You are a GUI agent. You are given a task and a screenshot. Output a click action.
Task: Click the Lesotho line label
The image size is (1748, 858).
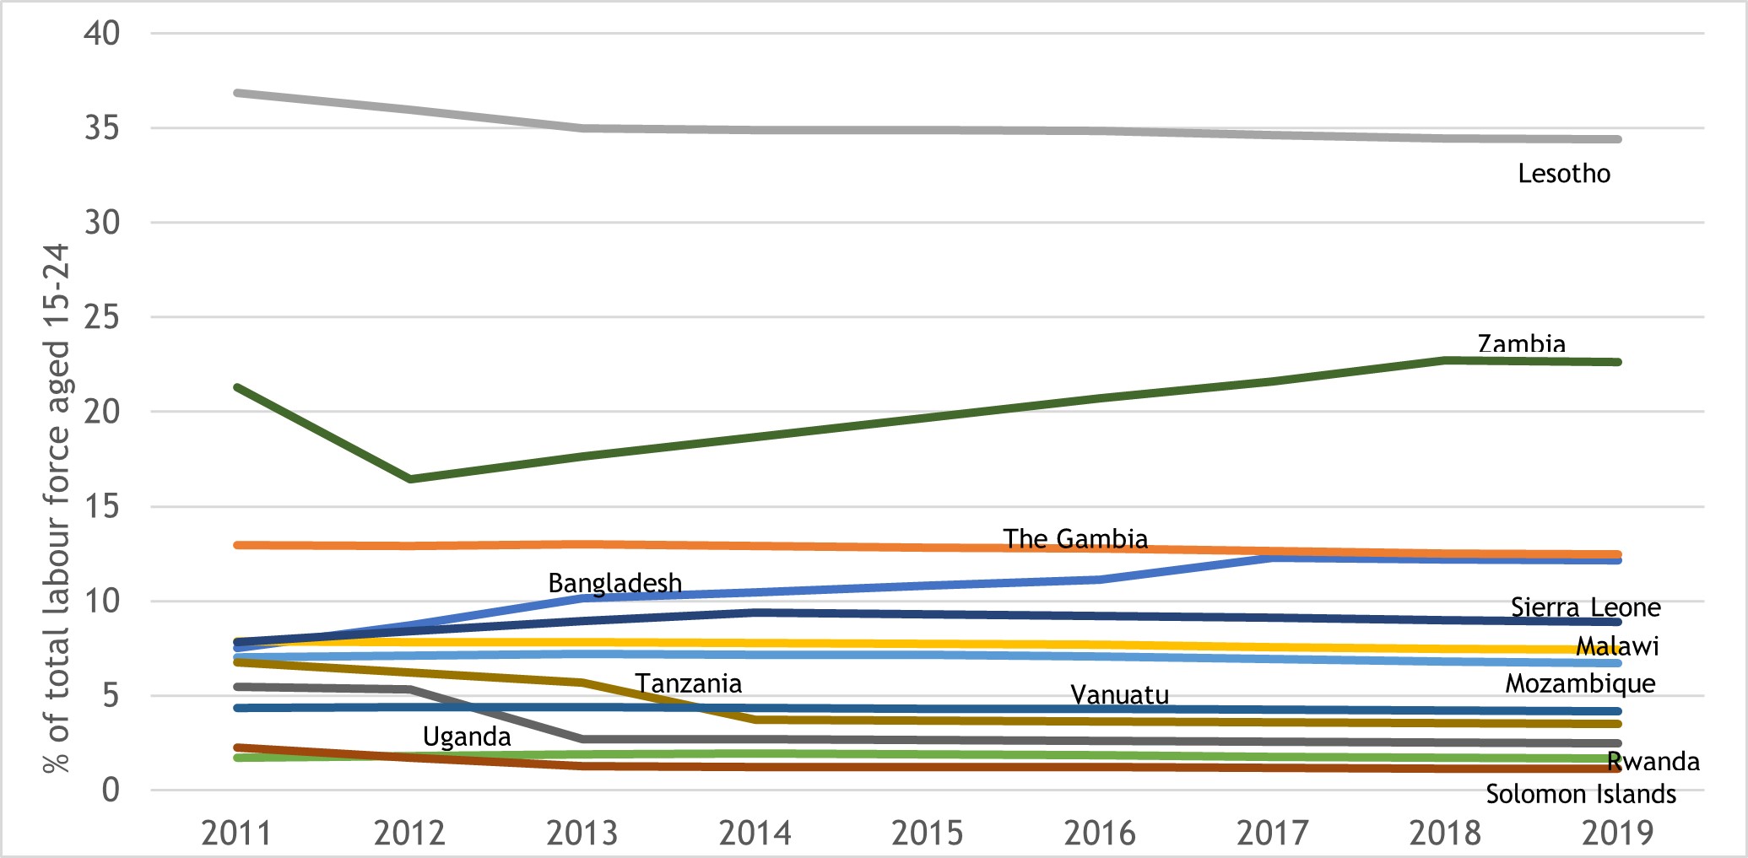(x=1563, y=174)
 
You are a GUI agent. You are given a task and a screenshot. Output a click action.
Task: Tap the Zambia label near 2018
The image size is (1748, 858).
(x=1521, y=344)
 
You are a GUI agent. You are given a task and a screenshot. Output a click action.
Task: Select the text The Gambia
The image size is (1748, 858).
(x=1074, y=539)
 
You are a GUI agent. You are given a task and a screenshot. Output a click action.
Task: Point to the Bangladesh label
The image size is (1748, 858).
(x=614, y=583)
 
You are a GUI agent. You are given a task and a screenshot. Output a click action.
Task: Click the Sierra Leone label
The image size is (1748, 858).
(x=1585, y=607)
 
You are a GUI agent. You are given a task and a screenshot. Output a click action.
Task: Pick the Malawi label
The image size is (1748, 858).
(x=1616, y=646)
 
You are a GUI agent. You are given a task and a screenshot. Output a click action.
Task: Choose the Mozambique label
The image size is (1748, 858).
(x=1580, y=683)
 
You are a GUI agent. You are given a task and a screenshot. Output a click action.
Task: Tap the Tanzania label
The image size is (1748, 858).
(x=688, y=683)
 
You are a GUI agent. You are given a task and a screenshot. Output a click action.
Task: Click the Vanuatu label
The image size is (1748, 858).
(x=1119, y=695)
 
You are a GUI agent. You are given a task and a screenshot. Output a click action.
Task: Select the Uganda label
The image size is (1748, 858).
(x=466, y=737)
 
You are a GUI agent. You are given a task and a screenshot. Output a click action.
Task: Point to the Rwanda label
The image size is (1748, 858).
(x=1652, y=762)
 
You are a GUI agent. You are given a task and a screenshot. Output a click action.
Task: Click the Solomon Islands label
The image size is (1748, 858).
(x=1580, y=795)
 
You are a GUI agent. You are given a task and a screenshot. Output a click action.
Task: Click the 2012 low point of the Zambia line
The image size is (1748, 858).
(x=410, y=479)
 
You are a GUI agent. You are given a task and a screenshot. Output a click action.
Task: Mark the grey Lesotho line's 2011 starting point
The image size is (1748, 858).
(x=238, y=92)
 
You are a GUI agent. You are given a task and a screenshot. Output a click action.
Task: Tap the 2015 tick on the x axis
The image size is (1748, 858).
(x=927, y=834)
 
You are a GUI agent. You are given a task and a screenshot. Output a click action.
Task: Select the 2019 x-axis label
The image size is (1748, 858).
(x=1617, y=834)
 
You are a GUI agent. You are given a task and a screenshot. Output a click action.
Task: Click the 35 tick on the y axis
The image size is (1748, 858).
(x=101, y=129)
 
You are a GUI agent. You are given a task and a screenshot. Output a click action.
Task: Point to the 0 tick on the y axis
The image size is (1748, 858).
(x=111, y=791)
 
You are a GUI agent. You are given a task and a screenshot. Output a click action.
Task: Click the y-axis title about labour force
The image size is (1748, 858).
(x=57, y=509)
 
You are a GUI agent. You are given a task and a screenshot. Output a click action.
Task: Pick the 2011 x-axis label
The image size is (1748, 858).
(x=236, y=834)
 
